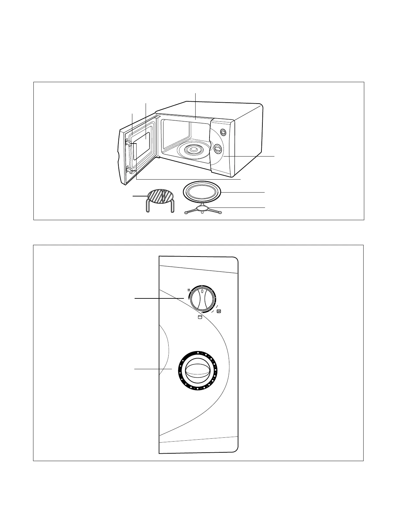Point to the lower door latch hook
pyautogui.click(x=129, y=170)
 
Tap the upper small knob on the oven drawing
pyautogui.click(x=223, y=132)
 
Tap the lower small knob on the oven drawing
pyautogui.click(x=217, y=149)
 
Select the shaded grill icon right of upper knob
pyautogui.click(x=219, y=311)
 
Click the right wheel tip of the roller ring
pyautogui.click(x=220, y=212)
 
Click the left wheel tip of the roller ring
pyautogui.click(x=186, y=213)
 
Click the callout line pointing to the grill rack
pyautogui.click(x=139, y=196)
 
